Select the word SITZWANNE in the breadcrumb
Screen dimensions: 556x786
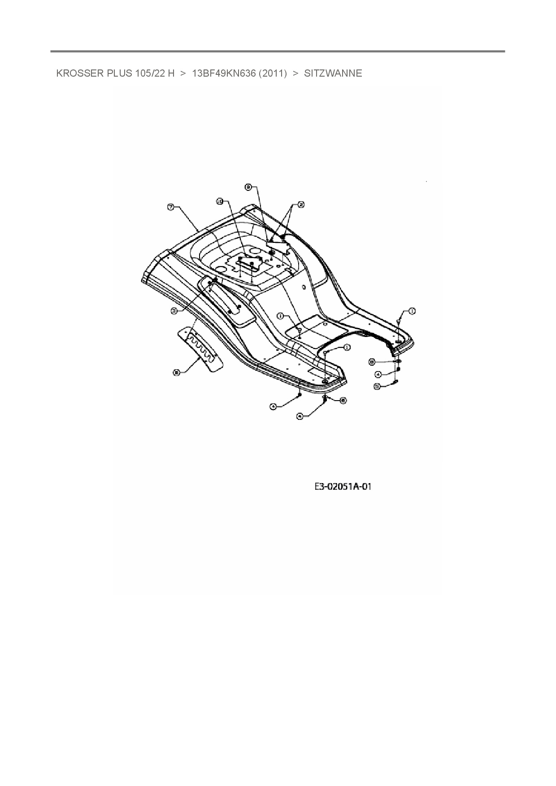333,73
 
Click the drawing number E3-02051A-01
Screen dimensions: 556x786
343,487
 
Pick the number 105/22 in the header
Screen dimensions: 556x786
148,73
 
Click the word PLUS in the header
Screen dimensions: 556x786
119,73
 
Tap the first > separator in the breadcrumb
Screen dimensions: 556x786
183,73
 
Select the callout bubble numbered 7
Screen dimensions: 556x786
171,207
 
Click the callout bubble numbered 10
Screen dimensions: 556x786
220,202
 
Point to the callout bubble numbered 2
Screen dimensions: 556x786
301,204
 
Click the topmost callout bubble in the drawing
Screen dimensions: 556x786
248,188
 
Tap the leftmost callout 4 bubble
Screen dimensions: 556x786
273,406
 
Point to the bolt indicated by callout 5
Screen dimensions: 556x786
396,381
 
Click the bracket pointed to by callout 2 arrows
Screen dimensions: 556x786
277,246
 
